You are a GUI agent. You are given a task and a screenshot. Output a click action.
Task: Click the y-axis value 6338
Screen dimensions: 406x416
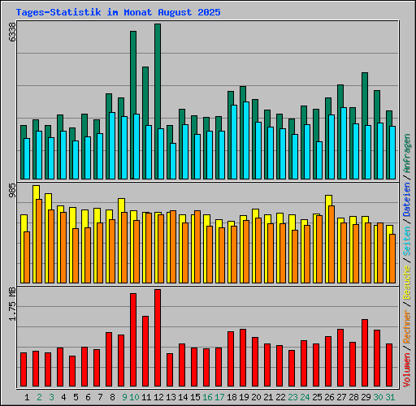click(12, 33)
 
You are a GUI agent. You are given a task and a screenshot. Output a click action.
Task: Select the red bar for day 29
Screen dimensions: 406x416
click(365, 353)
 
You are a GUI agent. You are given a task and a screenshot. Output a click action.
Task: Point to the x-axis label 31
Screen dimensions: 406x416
click(390, 397)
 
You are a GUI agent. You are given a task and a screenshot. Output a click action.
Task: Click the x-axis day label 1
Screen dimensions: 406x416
click(28, 397)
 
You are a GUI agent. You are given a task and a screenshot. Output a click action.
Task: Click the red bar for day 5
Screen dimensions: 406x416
click(72, 371)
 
